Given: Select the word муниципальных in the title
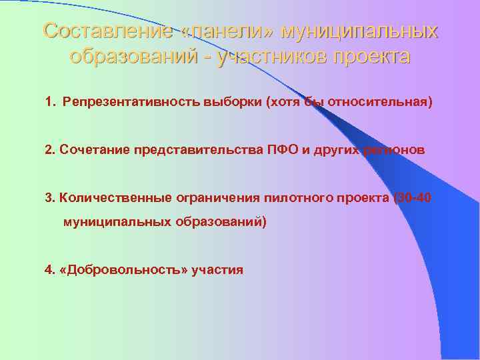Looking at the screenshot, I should pos(360,31).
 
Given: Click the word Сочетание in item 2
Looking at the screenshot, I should pos(86,150).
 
